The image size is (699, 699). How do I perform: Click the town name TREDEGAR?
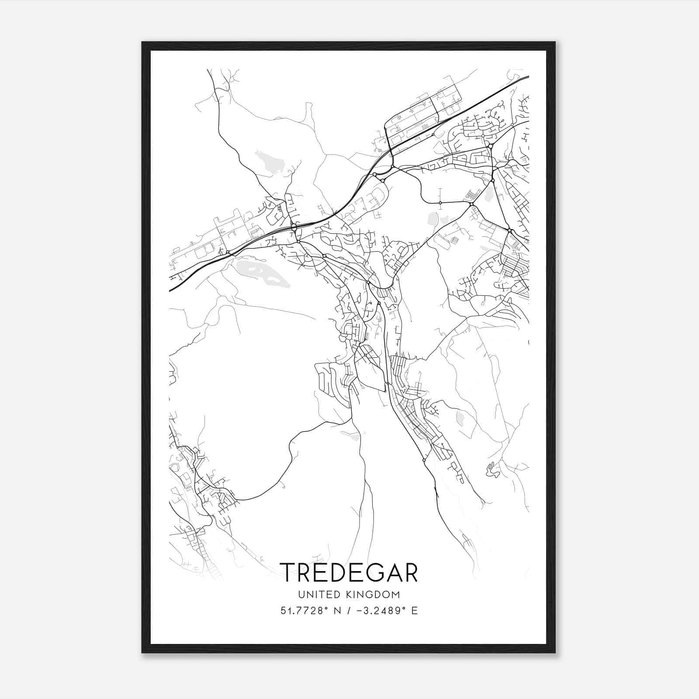349,572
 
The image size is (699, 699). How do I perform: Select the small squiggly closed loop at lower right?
491,470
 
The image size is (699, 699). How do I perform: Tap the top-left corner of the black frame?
142,42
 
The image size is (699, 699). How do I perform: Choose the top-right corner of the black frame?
555,42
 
